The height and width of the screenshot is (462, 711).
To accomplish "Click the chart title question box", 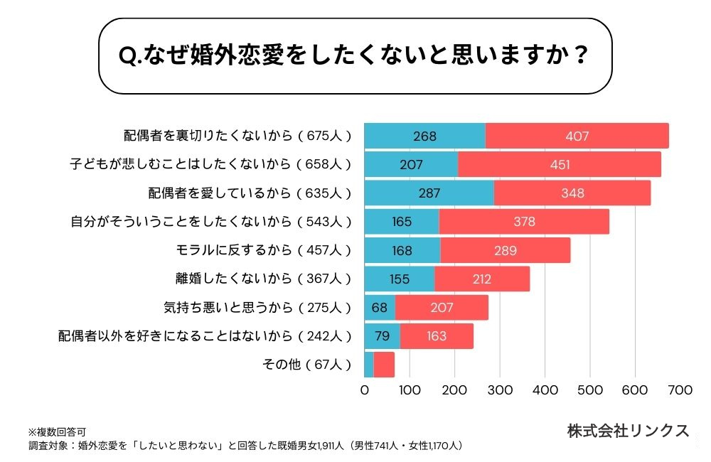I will pos(355,56).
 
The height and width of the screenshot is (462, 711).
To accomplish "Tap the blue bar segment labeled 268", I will pos(424,136).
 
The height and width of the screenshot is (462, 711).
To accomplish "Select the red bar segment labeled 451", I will pos(560,164).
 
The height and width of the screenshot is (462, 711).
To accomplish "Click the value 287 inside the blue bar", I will pos(429,193).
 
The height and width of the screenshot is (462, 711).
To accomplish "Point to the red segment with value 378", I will pos(524,222).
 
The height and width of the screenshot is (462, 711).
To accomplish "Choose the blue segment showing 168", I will pos(402,250).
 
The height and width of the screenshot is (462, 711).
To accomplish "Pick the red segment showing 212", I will pos(482,279).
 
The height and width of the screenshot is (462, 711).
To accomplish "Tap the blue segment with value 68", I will pos(380,308).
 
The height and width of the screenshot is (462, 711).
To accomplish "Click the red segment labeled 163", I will pos(437,336).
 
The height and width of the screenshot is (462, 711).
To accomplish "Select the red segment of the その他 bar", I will pos(384,365).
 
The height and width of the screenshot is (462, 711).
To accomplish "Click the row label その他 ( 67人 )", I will pos(307,365).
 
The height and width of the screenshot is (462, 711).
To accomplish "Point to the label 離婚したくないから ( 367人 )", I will pos(263,279).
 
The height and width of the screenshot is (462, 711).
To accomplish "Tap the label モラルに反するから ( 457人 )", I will pos(263,250).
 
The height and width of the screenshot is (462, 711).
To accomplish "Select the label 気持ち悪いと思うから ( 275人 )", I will pos(257,308).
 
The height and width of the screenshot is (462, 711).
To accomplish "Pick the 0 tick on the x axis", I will pos(365,390).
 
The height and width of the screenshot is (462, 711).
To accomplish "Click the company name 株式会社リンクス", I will pos(628,430).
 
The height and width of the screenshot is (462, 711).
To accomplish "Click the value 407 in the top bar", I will pos(577,136).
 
